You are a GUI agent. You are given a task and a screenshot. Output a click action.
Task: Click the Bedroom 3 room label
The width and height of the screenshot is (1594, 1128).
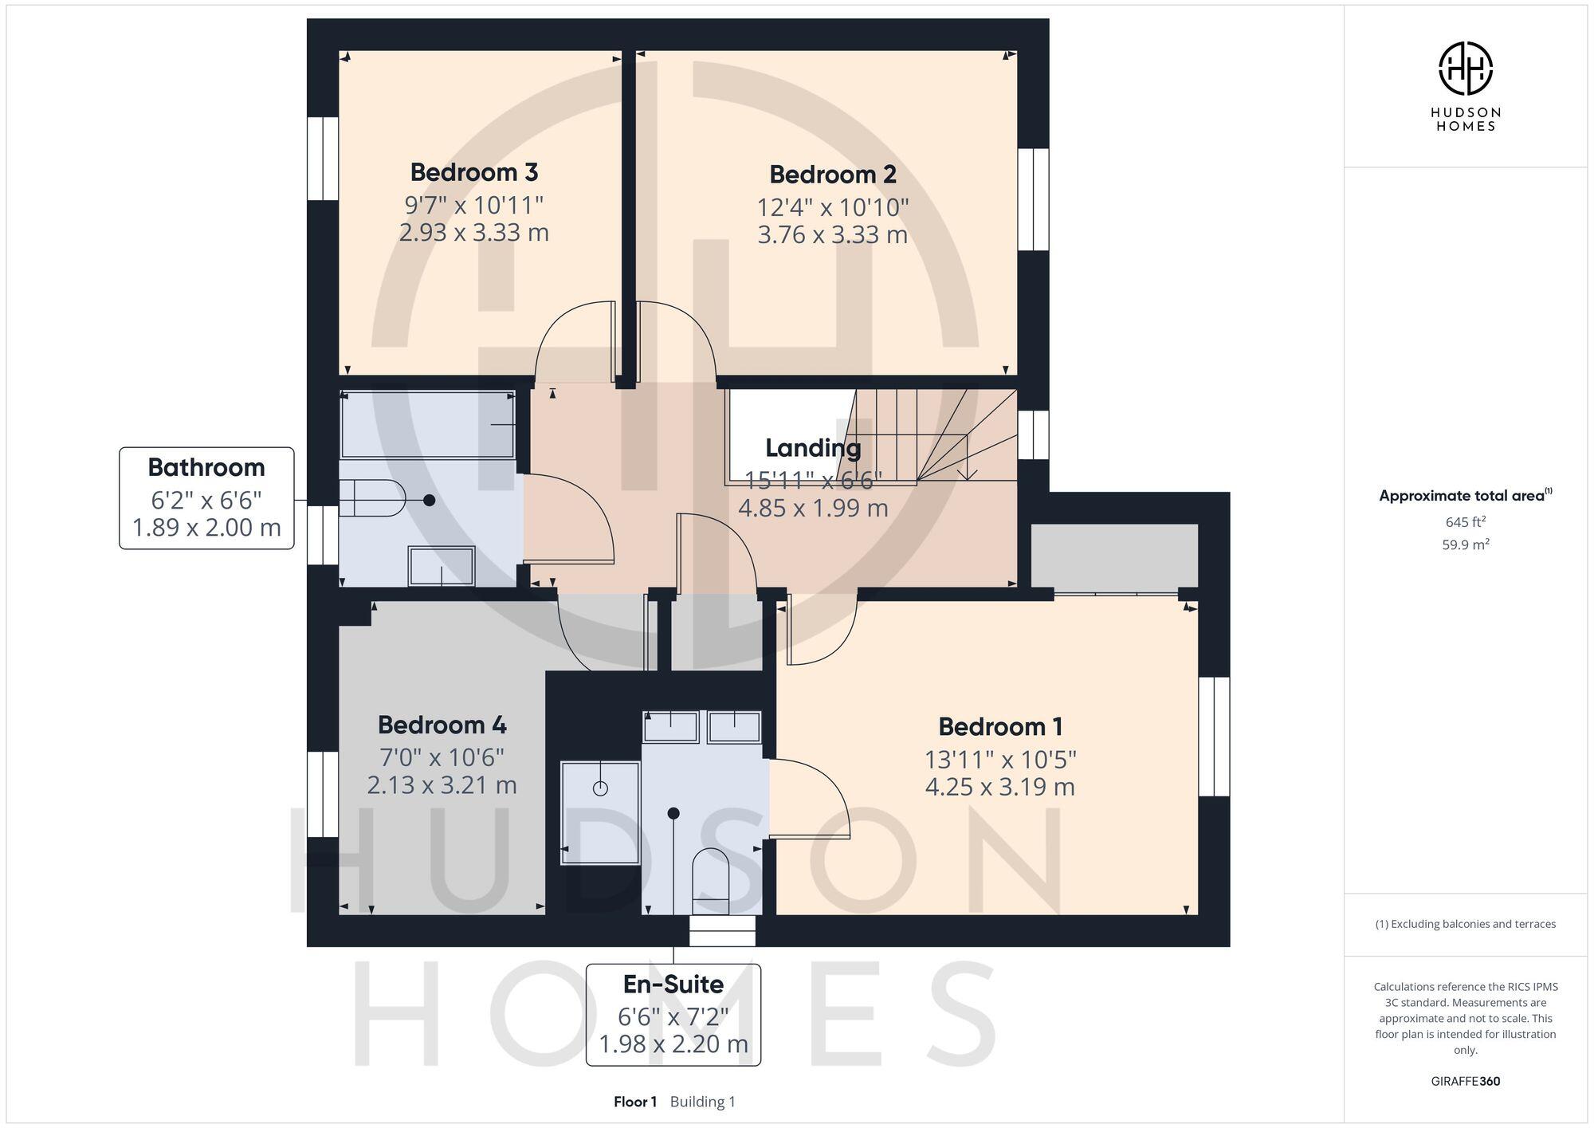[x=474, y=172]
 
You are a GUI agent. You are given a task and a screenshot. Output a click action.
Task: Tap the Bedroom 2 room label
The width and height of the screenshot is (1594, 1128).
[x=833, y=174]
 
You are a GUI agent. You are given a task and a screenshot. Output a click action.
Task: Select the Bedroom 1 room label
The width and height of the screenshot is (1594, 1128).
[x=1000, y=726]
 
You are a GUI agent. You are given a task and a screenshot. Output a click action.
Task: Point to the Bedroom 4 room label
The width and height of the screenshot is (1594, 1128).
[x=442, y=725]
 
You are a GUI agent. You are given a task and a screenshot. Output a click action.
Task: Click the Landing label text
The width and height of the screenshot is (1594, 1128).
[x=813, y=448]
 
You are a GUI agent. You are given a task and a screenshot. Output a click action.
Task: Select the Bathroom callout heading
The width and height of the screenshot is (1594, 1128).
[x=206, y=467]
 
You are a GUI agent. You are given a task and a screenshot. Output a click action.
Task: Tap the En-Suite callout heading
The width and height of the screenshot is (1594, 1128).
[x=673, y=985]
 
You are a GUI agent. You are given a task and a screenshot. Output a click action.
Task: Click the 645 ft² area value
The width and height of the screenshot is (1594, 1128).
[x=1465, y=522]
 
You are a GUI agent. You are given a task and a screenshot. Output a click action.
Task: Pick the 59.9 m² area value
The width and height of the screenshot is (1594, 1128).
[x=1465, y=545]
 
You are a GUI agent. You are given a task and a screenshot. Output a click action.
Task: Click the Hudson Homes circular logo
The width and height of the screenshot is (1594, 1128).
[x=1465, y=69]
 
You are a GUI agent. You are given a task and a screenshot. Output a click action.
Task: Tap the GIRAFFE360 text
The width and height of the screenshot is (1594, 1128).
[x=1465, y=1082]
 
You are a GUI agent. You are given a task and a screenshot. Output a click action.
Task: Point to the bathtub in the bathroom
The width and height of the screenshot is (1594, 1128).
[x=427, y=424]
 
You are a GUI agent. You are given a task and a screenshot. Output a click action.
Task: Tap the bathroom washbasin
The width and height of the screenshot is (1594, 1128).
[x=442, y=565]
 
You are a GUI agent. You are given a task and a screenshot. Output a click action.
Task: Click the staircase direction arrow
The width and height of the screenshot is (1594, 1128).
[x=967, y=472]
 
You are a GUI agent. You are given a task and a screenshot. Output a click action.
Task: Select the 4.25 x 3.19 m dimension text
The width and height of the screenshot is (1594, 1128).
[x=1000, y=788]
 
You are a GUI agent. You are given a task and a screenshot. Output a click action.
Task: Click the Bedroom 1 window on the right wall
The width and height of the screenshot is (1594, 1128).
[x=1214, y=737]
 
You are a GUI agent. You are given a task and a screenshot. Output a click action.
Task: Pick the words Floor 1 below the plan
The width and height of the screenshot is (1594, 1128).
[x=635, y=1102]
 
